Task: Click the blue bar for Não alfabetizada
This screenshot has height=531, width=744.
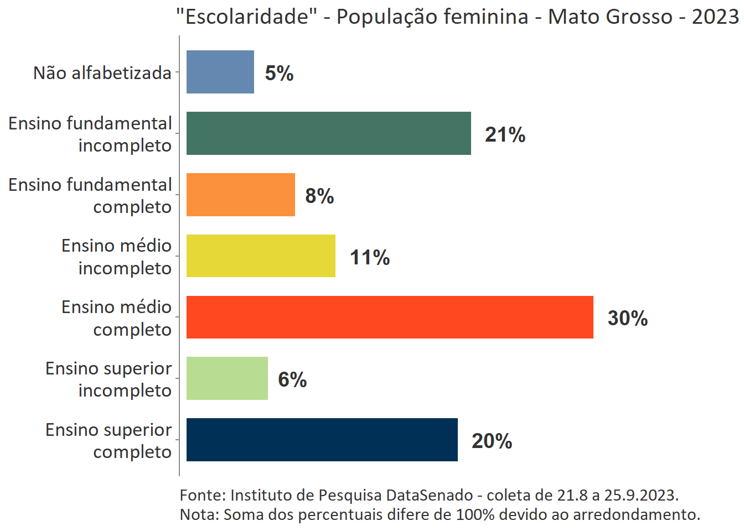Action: pyautogui.click(x=220, y=72)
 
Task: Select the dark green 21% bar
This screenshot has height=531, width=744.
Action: pyautogui.click(x=329, y=133)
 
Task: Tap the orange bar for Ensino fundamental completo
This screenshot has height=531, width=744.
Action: pyautogui.click(x=241, y=195)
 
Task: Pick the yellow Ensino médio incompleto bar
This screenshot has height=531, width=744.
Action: pyautogui.click(x=261, y=256)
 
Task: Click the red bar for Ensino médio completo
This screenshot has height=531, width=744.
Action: pyautogui.click(x=390, y=317)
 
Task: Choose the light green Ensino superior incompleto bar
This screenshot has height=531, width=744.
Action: pyautogui.click(x=227, y=378)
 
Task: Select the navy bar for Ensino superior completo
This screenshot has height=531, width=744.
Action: pyautogui.click(x=322, y=440)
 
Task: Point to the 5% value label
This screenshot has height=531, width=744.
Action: pyautogui.click(x=279, y=73)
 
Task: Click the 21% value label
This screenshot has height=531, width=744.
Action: pyautogui.click(x=505, y=134)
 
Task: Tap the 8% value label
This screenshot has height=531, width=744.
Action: pyautogui.click(x=319, y=196)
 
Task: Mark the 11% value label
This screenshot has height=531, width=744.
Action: pyautogui.click(x=370, y=257)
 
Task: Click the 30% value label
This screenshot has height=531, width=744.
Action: pyautogui.click(x=628, y=318)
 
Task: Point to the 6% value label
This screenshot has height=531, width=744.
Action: pyautogui.click(x=292, y=379)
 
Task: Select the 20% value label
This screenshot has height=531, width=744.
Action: pyautogui.click(x=492, y=441)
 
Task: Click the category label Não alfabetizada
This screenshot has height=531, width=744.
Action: pyautogui.click(x=102, y=72)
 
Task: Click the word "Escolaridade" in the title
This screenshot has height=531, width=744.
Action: pyautogui.click(x=246, y=17)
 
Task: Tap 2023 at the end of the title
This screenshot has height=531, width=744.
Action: pyautogui.click(x=715, y=17)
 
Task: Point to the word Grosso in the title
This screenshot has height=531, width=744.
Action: pyautogui.click(x=638, y=17)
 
